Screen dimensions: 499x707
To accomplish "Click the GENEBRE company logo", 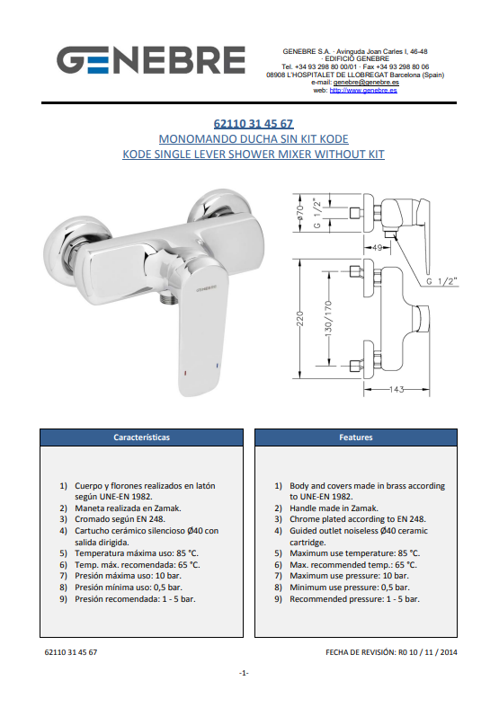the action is (151, 59).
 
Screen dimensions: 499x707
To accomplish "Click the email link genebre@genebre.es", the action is (366, 83).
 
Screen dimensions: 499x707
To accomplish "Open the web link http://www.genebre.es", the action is (363, 90).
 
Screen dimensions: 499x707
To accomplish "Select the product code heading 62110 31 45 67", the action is (254, 124).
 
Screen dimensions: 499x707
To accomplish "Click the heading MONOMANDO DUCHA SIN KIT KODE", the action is (254, 139).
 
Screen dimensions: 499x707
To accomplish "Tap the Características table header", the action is (142, 437).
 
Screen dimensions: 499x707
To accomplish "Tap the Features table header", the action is (356, 437).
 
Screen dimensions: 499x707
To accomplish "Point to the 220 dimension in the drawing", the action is (300, 318).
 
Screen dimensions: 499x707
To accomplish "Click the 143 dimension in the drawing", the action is (397, 389).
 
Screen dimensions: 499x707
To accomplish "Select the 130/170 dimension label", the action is (328, 318).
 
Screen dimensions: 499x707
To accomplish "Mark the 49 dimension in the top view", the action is (378, 248).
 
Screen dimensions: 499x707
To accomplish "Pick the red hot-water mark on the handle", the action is (184, 374).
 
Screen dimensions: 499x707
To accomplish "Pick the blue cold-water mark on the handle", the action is (218, 366).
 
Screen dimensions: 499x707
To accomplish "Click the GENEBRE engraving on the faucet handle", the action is (207, 288).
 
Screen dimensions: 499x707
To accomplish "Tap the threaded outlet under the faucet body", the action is (166, 298).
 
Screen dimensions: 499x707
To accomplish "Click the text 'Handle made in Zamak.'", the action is (334, 508).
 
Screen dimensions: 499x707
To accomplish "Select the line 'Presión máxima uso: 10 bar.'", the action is (129, 576).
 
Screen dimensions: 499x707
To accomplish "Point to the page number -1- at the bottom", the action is (244, 673).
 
